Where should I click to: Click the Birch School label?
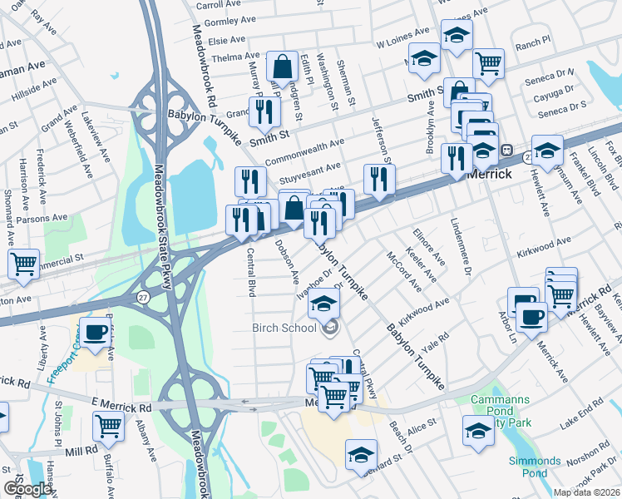284,328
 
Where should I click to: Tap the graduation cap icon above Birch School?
324,302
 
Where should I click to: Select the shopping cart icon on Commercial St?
23,264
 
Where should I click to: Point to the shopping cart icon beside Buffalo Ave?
109,426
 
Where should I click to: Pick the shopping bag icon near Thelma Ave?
283,67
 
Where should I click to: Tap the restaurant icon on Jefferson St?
379,178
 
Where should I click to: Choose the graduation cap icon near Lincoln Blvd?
547,150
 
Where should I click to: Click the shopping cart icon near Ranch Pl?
488,62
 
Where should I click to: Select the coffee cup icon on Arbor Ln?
531,314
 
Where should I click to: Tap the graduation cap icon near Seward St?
360,455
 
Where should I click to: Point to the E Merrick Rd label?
121,408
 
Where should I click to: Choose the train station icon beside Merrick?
506,150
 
